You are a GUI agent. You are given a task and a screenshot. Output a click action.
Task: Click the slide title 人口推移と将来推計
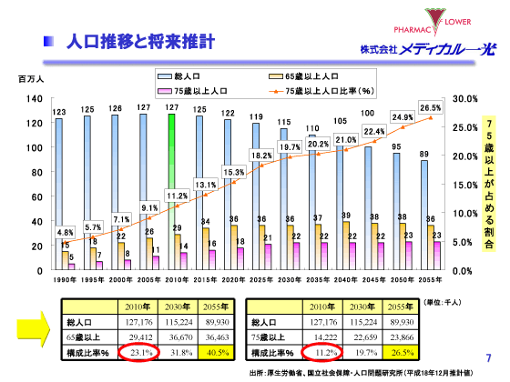pos(141,41)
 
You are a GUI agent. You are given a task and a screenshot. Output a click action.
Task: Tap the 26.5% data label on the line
pos(430,107)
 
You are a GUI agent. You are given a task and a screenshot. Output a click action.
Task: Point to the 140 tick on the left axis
pos(34,98)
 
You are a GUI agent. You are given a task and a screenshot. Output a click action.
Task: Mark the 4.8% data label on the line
pos(65,232)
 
